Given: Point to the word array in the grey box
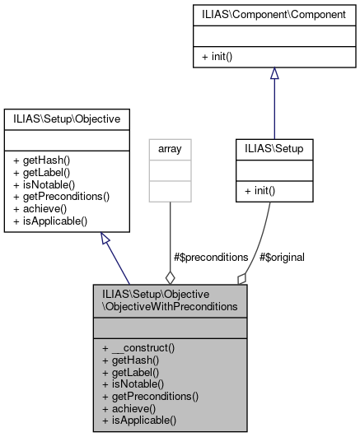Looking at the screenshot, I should click(169, 150).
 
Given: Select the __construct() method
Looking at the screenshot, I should click(138, 348).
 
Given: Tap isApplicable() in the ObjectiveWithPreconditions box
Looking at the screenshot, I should click(139, 420).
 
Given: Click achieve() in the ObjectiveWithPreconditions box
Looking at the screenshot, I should click(130, 408).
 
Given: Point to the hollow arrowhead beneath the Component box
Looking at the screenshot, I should click(274, 74).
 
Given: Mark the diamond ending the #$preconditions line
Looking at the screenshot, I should click(170, 278).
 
